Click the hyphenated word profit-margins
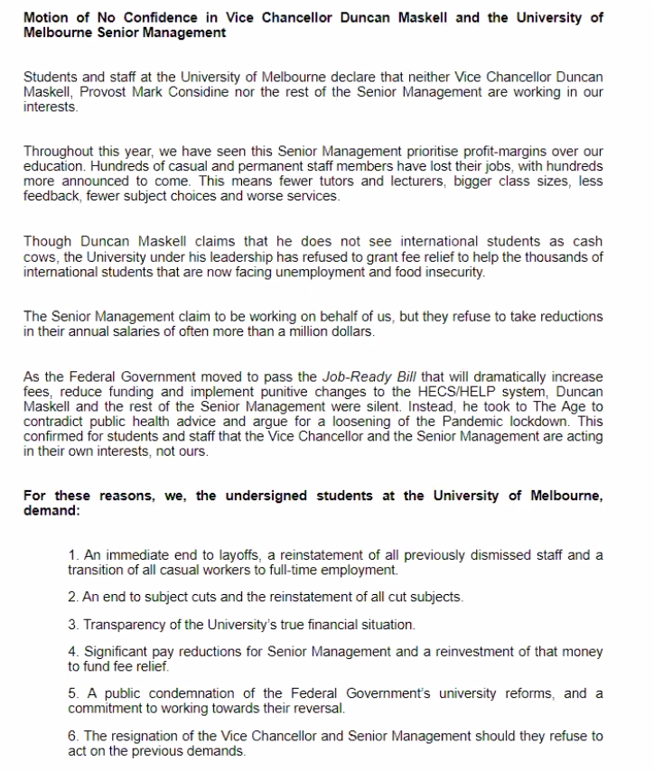pyautogui.click(x=414, y=152)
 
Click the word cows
pyautogui.click(x=40, y=257)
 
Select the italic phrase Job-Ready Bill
pyautogui.click(x=366, y=376)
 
